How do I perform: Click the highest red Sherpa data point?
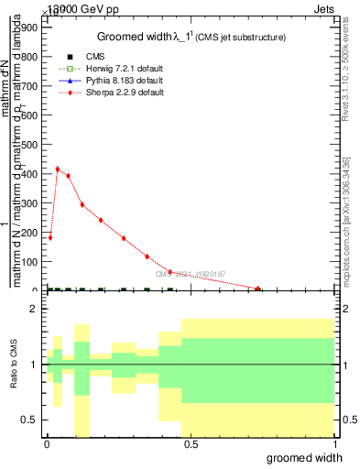(x=58, y=169)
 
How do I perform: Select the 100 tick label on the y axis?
(x=29, y=262)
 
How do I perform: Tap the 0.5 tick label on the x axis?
(x=190, y=444)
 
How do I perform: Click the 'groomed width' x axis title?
(x=311, y=457)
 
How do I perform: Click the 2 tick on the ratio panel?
(x=33, y=310)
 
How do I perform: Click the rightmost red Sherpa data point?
(x=258, y=289)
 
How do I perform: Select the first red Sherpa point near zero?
(x=50, y=237)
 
